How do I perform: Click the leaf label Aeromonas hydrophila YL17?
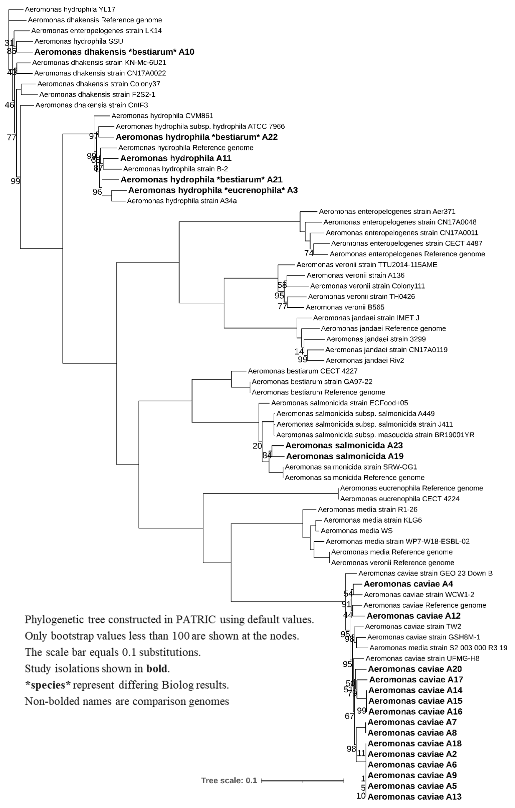(70, 9)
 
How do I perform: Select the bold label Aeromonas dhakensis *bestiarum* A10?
(114, 52)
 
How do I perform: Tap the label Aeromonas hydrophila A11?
(176, 158)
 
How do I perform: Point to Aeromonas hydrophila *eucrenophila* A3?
(213, 190)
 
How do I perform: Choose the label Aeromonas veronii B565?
(345, 307)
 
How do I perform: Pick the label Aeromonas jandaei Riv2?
(364, 360)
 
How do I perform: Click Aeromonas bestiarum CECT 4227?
(302, 371)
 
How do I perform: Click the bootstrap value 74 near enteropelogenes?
(308, 253)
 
